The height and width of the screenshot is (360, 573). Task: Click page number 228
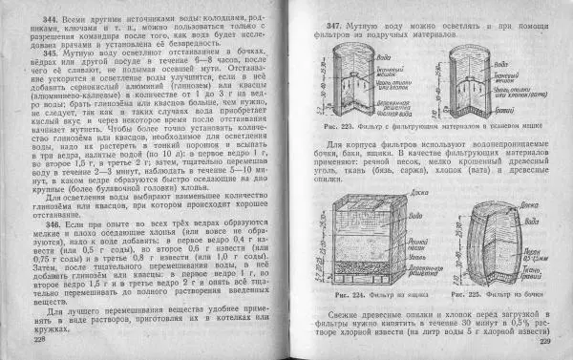39,338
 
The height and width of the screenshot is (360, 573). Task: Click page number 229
545,340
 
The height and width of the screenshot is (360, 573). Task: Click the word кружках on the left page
41,328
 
